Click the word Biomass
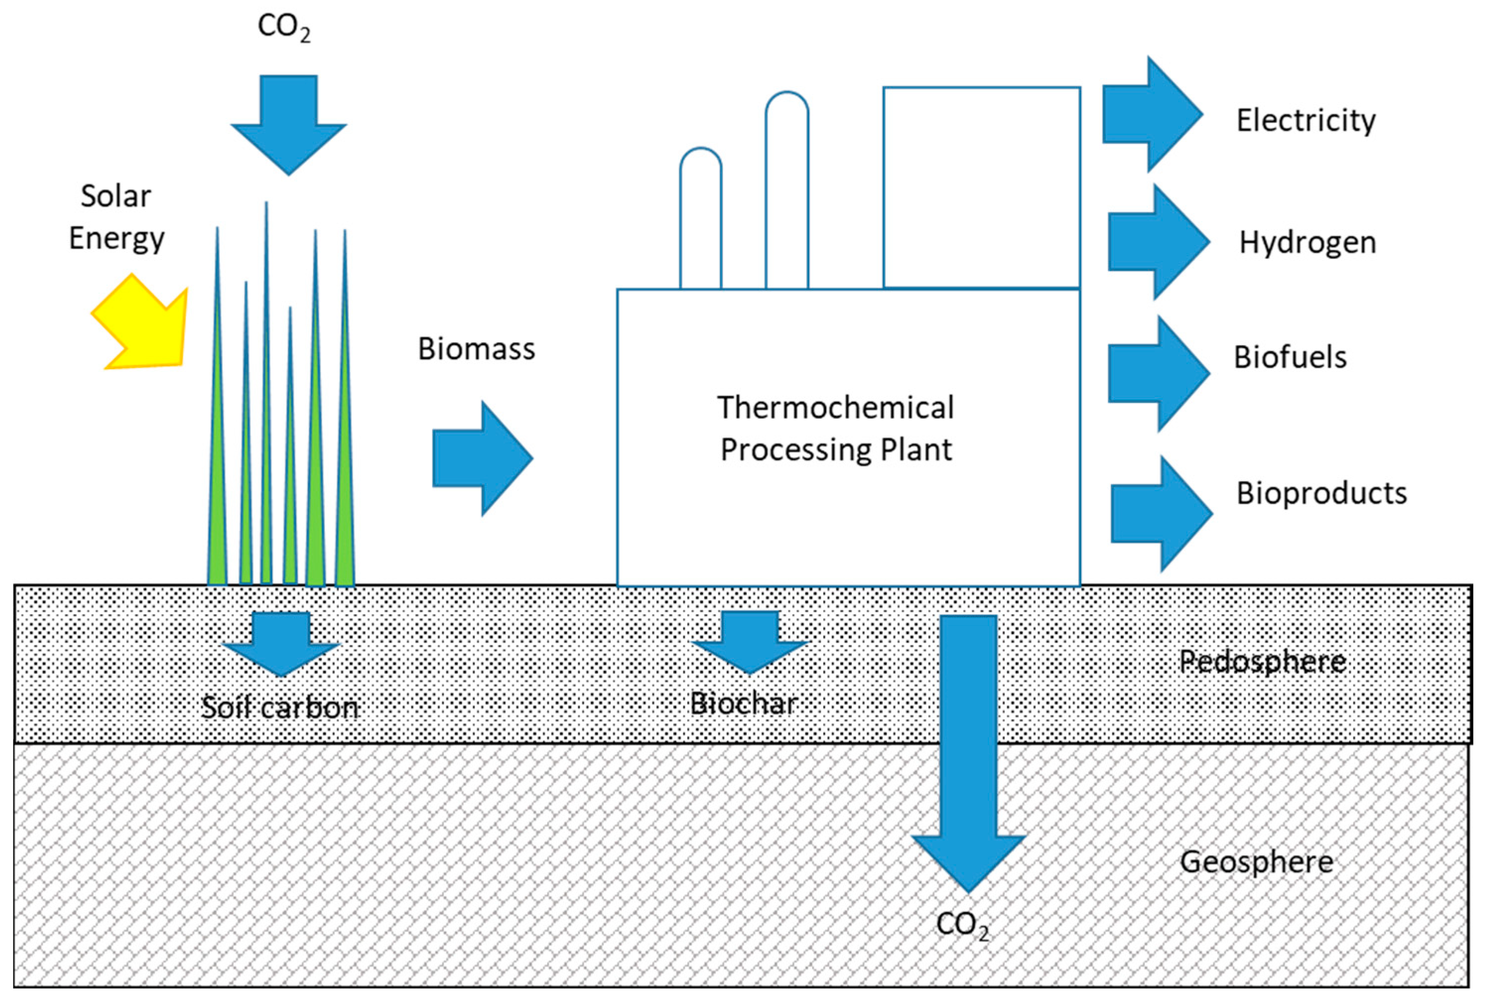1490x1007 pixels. [476, 349]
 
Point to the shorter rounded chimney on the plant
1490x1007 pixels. [700, 218]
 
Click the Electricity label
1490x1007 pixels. [1305, 121]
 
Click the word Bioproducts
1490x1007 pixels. [1321, 493]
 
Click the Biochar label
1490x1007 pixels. [743, 704]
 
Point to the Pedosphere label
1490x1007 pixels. [1262, 661]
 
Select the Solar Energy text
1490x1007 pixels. [117, 217]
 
